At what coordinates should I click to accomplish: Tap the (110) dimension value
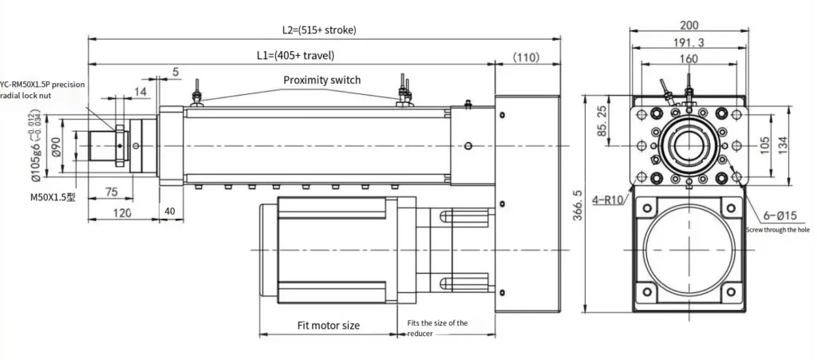click(527, 57)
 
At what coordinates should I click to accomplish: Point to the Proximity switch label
click(322, 80)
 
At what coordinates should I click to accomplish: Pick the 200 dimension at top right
click(689, 26)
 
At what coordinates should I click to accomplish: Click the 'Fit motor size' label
click(328, 325)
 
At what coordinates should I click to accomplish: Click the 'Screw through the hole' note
click(777, 230)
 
